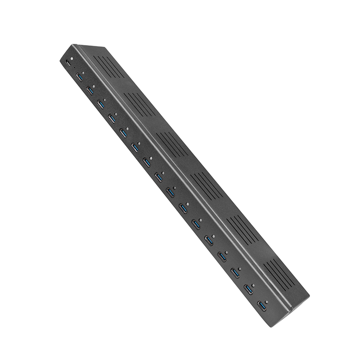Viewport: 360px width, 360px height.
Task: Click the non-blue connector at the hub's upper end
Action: pos(67,63)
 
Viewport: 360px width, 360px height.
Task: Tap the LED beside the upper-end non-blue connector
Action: pos(72,58)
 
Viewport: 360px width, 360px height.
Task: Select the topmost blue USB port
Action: pos(80,77)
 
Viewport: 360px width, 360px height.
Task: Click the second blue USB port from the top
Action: pos(90,91)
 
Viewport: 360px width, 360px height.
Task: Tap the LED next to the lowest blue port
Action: pos(267,302)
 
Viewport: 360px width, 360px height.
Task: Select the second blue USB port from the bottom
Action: pos(248,288)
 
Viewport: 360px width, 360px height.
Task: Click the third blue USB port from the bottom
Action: pos(235,273)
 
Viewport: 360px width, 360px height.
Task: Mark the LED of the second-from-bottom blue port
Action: pos(253,284)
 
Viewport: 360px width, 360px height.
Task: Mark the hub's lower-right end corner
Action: pos(309,297)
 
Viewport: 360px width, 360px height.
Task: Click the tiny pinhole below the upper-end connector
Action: pos(75,67)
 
